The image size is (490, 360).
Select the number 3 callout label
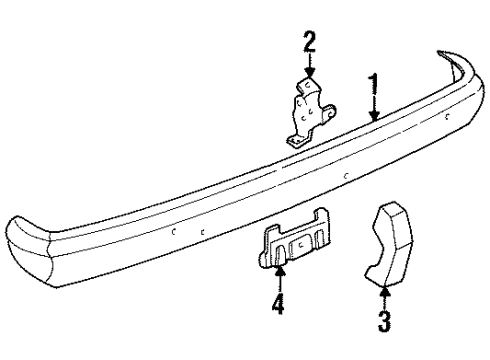(x=384, y=321)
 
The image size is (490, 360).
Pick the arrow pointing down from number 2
(x=310, y=66)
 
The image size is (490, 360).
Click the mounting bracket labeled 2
(x=308, y=112)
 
